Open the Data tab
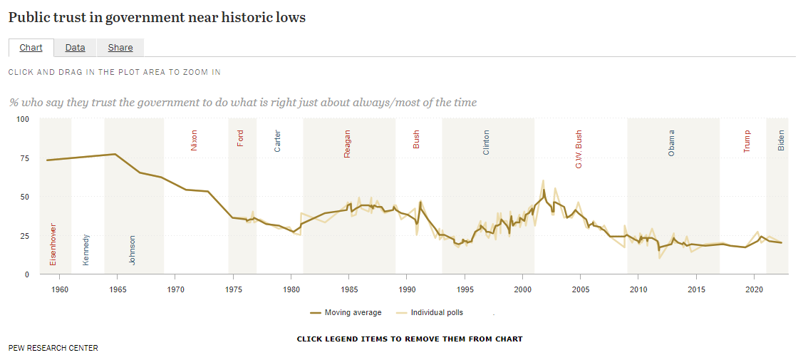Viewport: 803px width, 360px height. (75, 48)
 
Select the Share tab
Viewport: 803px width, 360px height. (120, 48)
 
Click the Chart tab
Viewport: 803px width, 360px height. (31, 48)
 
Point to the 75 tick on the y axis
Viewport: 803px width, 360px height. (24, 158)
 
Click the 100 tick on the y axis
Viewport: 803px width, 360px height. (22, 119)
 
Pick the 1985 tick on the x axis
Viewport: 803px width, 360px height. (348, 289)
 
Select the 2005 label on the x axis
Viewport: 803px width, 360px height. (580, 289)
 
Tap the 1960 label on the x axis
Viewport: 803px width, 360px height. (60, 289)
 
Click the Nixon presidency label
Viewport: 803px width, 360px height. (194, 140)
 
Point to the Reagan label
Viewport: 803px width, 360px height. (348, 143)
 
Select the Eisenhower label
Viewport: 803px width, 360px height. (53, 245)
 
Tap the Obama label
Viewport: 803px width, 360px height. (671, 143)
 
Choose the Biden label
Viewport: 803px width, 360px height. (781, 140)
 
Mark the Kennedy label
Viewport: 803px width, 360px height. (86, 250)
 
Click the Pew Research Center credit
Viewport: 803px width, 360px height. (53, 348)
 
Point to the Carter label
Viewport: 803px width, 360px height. (278, 140)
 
